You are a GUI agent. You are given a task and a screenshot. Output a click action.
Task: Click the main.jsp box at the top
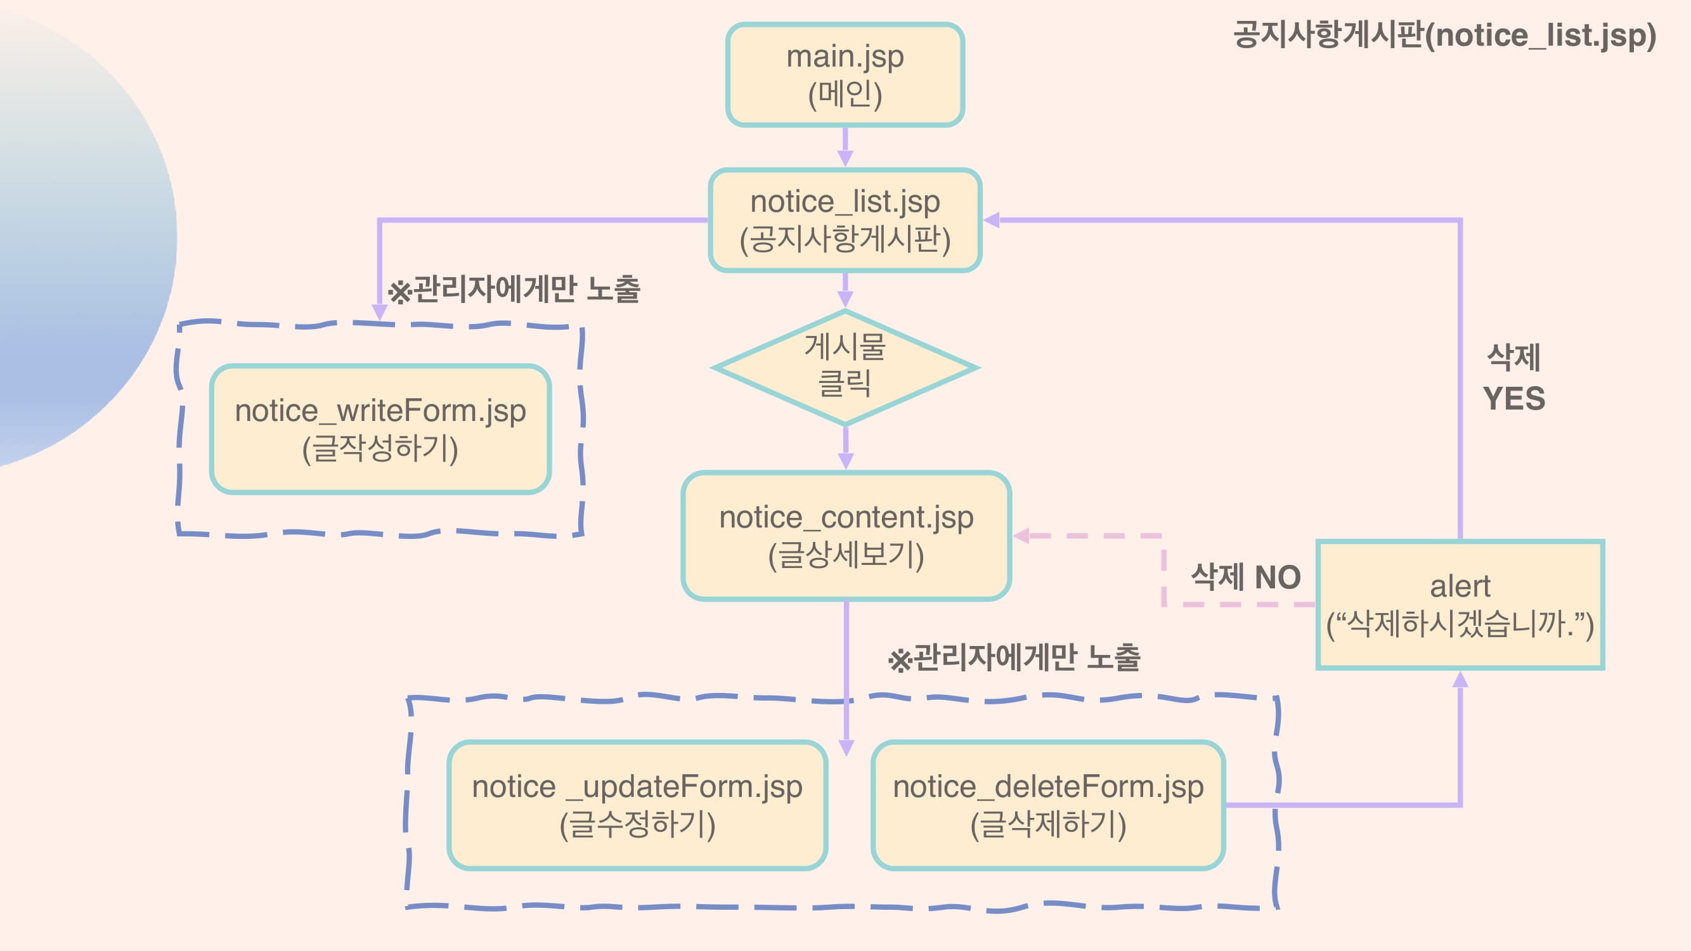845,75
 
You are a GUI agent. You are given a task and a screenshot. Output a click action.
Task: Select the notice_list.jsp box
845,220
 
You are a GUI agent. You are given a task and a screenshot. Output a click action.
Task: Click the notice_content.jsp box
846,535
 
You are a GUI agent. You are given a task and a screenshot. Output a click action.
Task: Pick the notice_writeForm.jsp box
380,429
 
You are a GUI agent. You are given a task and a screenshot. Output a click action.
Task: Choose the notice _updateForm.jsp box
637,805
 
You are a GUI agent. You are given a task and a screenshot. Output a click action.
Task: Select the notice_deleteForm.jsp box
1047,805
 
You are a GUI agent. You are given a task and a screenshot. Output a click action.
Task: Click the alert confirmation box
1460,604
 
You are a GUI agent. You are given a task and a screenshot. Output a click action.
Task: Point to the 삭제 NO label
1245,578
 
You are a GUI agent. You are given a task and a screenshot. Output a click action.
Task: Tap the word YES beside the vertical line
1513,399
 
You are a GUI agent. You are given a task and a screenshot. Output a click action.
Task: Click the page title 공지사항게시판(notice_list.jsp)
1444,36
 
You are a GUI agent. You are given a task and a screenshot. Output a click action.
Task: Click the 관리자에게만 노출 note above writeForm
514,290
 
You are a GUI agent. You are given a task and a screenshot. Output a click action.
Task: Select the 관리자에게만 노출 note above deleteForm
1014,657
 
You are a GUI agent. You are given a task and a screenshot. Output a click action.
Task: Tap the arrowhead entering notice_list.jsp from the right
992,221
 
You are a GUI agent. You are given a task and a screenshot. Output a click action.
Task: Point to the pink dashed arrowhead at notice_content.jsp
1021,536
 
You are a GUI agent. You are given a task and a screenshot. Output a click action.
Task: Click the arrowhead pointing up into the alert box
1460,679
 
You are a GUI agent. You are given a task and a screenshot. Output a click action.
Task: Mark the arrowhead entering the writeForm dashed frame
379,311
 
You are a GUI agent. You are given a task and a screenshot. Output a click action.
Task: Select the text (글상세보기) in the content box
846,555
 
